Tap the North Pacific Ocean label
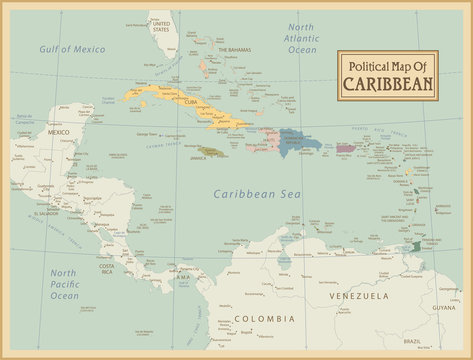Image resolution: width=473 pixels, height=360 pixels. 64,284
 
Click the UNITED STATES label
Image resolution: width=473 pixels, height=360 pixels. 161,27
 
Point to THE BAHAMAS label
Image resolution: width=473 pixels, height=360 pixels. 234,49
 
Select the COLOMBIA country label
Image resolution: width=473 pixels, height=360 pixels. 264,319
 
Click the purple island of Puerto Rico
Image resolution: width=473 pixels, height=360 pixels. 344,148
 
